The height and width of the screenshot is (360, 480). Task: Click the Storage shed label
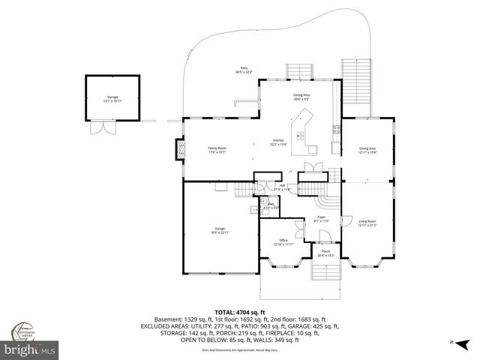pos(112,98)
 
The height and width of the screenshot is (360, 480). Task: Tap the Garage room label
pos(220,230)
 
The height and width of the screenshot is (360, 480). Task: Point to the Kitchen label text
pos(278,142)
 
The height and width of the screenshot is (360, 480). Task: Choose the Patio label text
pos(241,70)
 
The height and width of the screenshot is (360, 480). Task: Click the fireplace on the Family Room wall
pos(178,150)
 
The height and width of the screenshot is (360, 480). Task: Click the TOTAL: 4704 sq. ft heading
pos(240,311)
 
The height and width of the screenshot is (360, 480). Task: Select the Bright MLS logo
pos(29,349)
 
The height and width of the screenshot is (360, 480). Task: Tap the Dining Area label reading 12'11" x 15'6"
pos(367,150)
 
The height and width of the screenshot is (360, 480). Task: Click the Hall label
pos(282,187)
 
